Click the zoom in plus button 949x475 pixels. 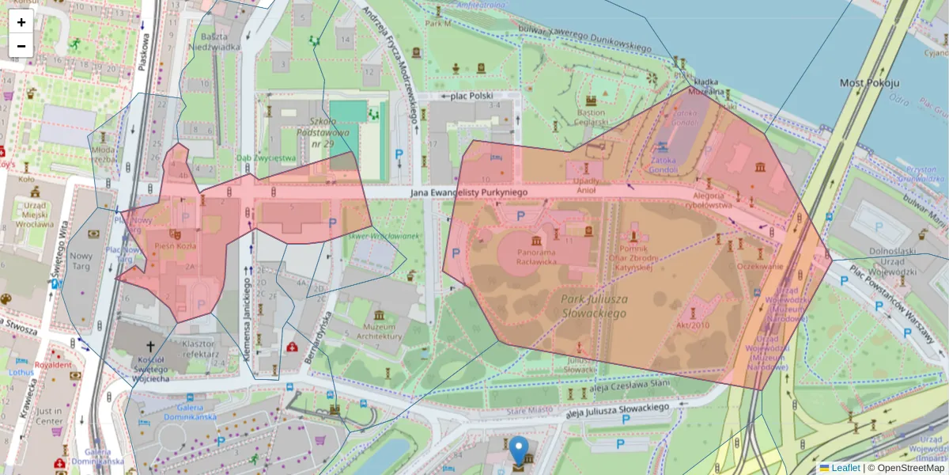point(21,21)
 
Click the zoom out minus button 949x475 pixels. point(21,46)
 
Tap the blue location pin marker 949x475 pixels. point(518,449)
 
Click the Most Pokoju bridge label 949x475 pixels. point(869,82)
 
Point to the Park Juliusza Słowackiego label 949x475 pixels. point(594,306)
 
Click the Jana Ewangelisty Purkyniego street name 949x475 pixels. point(468,192)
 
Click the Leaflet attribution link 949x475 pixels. point(845,468)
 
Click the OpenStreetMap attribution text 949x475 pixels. point(909,468)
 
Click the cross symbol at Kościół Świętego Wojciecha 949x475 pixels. point(151,346)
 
